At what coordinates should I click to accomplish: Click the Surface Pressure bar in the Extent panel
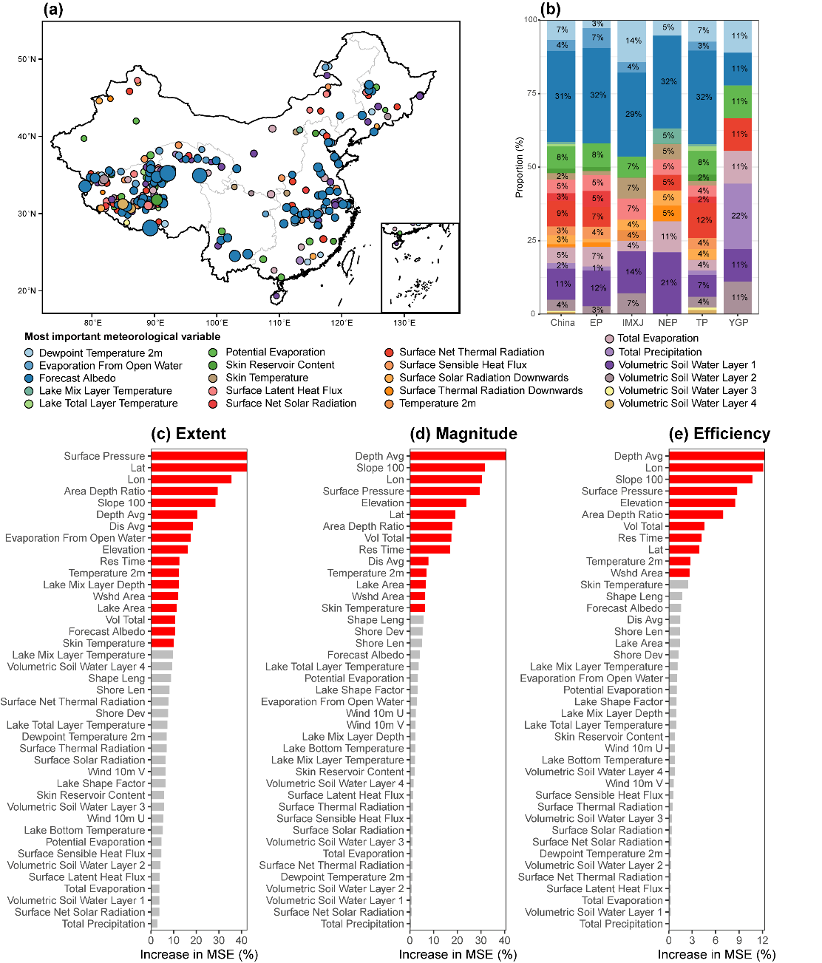click(x=198, y=456)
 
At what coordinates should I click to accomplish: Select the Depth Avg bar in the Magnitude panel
click(x=458, y=456)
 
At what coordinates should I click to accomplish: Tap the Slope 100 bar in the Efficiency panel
click(x=710, y=480)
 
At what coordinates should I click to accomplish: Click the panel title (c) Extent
click(x=188, y=434)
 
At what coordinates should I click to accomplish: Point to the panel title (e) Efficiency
click(x=719, y=434)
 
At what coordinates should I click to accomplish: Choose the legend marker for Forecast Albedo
click(x=29, y=378)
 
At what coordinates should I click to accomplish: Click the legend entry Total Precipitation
click(x=659, y=353)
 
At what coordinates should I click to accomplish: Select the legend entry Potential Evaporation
click(x=275, y=353)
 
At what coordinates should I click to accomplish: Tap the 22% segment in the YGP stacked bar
click(x=738, y=216)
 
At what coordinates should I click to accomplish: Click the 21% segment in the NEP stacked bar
click(x=668, y=283)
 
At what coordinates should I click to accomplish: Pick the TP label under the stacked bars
click(x=702, y=323)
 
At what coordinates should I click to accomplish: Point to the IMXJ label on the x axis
click(x=633, y=323)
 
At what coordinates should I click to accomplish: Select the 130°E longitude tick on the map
click(x=404, y=323)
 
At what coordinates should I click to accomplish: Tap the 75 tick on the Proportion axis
click(x=531, y=93)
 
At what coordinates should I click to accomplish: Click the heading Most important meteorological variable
click(x=122, y=337)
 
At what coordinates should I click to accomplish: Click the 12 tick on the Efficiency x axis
click(x=763, y=941)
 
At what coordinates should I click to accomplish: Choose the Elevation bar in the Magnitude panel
click(x=438, y=503)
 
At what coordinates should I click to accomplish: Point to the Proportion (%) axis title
click(x=520, y=166)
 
